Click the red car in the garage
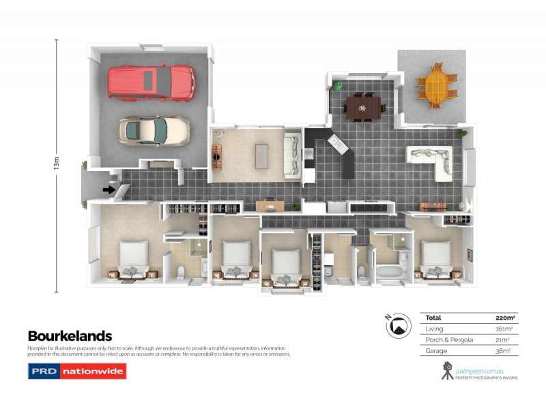151,82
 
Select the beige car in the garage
154,129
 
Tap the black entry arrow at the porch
108,190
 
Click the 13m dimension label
57,164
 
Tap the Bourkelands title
70,335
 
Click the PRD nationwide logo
76,372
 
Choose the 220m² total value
504,318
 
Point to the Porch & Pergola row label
444,339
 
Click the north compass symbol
397,327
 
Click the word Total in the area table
433,318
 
